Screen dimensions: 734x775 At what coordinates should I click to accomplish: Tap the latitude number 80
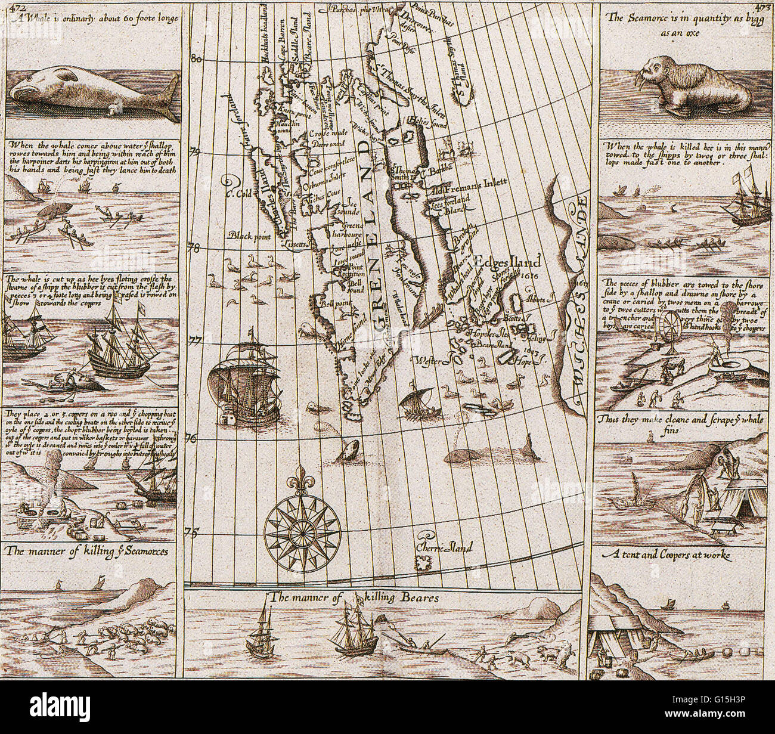click(x=196, y=58)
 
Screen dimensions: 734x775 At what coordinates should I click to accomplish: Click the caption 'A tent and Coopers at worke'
click(x=666, y=555)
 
